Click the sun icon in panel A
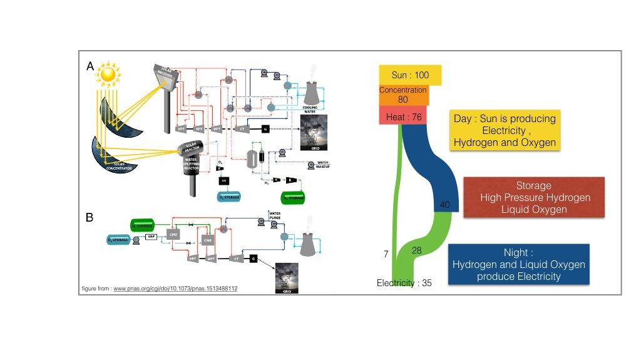(x=109, y=75)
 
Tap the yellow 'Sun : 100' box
(x=410, y=75)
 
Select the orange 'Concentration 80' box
(x=403, y=95)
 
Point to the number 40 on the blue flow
(x=444, y=205)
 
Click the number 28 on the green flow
(x=416, y=250)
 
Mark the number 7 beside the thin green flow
(x=386, y=254)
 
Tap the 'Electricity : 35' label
(x=404, y=283)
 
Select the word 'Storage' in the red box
(x=533, y=185)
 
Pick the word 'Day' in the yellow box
(x=464, y=118)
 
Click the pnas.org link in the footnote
(x=175, y=289)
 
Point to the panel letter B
(x=90, y=217)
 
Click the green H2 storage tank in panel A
(x=293, y=198)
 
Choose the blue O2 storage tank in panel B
(x=118, y=239)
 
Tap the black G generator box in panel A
(x=265, y=129)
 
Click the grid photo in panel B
(x=287, y=278)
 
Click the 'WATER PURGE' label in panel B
(x=275, y=216)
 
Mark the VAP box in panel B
(x=151, y=237)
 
